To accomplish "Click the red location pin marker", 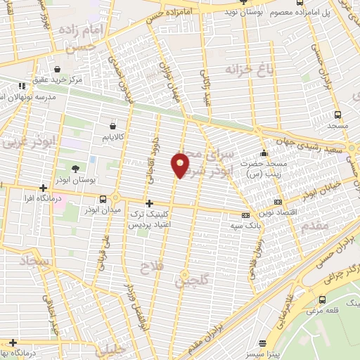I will click(181, 164).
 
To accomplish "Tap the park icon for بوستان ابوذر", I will click(75, 167).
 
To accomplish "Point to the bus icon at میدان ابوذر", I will click(103, 199).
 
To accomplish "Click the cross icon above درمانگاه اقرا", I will click(44, 188).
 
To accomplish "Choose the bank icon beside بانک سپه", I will click(245, 215).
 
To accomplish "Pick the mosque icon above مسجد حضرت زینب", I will click(264, 153).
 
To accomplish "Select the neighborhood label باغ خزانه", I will click(246, 70).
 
